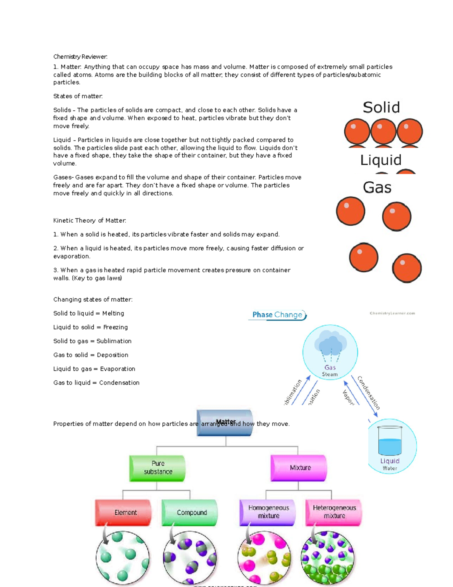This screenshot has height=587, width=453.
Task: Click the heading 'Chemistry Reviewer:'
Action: (x=80, y=57)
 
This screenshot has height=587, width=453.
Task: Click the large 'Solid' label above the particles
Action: (x=381, y=108)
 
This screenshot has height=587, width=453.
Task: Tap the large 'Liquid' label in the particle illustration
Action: (x=381, y=160)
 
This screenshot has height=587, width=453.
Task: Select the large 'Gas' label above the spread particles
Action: (x=377, y=187)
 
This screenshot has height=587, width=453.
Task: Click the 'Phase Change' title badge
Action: (x=277, y=315)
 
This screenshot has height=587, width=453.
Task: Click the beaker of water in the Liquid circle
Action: (x=390, y=441)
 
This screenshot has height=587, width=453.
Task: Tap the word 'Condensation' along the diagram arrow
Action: (x=369, y=393)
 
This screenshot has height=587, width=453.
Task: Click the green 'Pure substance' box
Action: (x=158, y=468)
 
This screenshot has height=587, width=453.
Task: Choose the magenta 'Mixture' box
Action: (x=299, y=468)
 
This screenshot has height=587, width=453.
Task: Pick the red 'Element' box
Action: (x=124, y=513)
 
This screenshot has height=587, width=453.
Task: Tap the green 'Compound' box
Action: (x=190, y=513)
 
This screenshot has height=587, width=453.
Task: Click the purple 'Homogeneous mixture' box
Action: (x=268, y=512)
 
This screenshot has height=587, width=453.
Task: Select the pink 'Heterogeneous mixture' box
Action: (x=334, y=512)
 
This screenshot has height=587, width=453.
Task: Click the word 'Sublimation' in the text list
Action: (x=114, y=341)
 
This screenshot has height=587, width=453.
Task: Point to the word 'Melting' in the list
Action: (x=113, y=313)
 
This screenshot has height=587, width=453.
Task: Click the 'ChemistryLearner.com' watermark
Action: (x=392, y=313)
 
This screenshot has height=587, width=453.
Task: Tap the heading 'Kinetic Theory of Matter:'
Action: (x=90, y=221)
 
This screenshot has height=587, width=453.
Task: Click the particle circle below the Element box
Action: (x=123, y=558)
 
